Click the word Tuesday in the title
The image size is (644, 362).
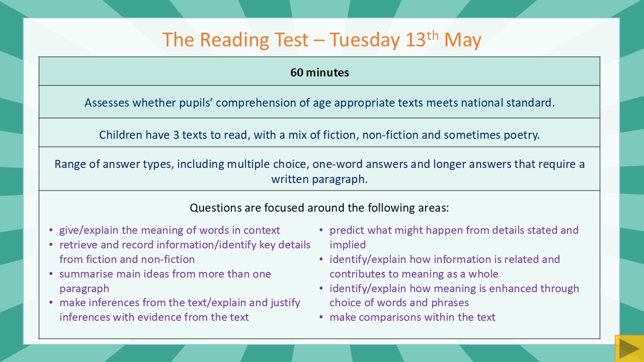(x=364, y=40)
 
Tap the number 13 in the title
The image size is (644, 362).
(x=415, y=40)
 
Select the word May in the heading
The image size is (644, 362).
(x=462, y=41)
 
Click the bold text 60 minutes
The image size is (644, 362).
(x=319, y=72)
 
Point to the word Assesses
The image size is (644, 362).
(x=107, y=103)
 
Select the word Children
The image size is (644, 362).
(x=120, y=135)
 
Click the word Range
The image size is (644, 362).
(x=69, y=164)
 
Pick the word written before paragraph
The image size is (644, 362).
(x=290, y=179)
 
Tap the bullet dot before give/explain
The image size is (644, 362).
(x=51, y=230)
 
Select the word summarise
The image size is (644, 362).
(x=86, y=274)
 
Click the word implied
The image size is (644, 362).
(x=348, y=245)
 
